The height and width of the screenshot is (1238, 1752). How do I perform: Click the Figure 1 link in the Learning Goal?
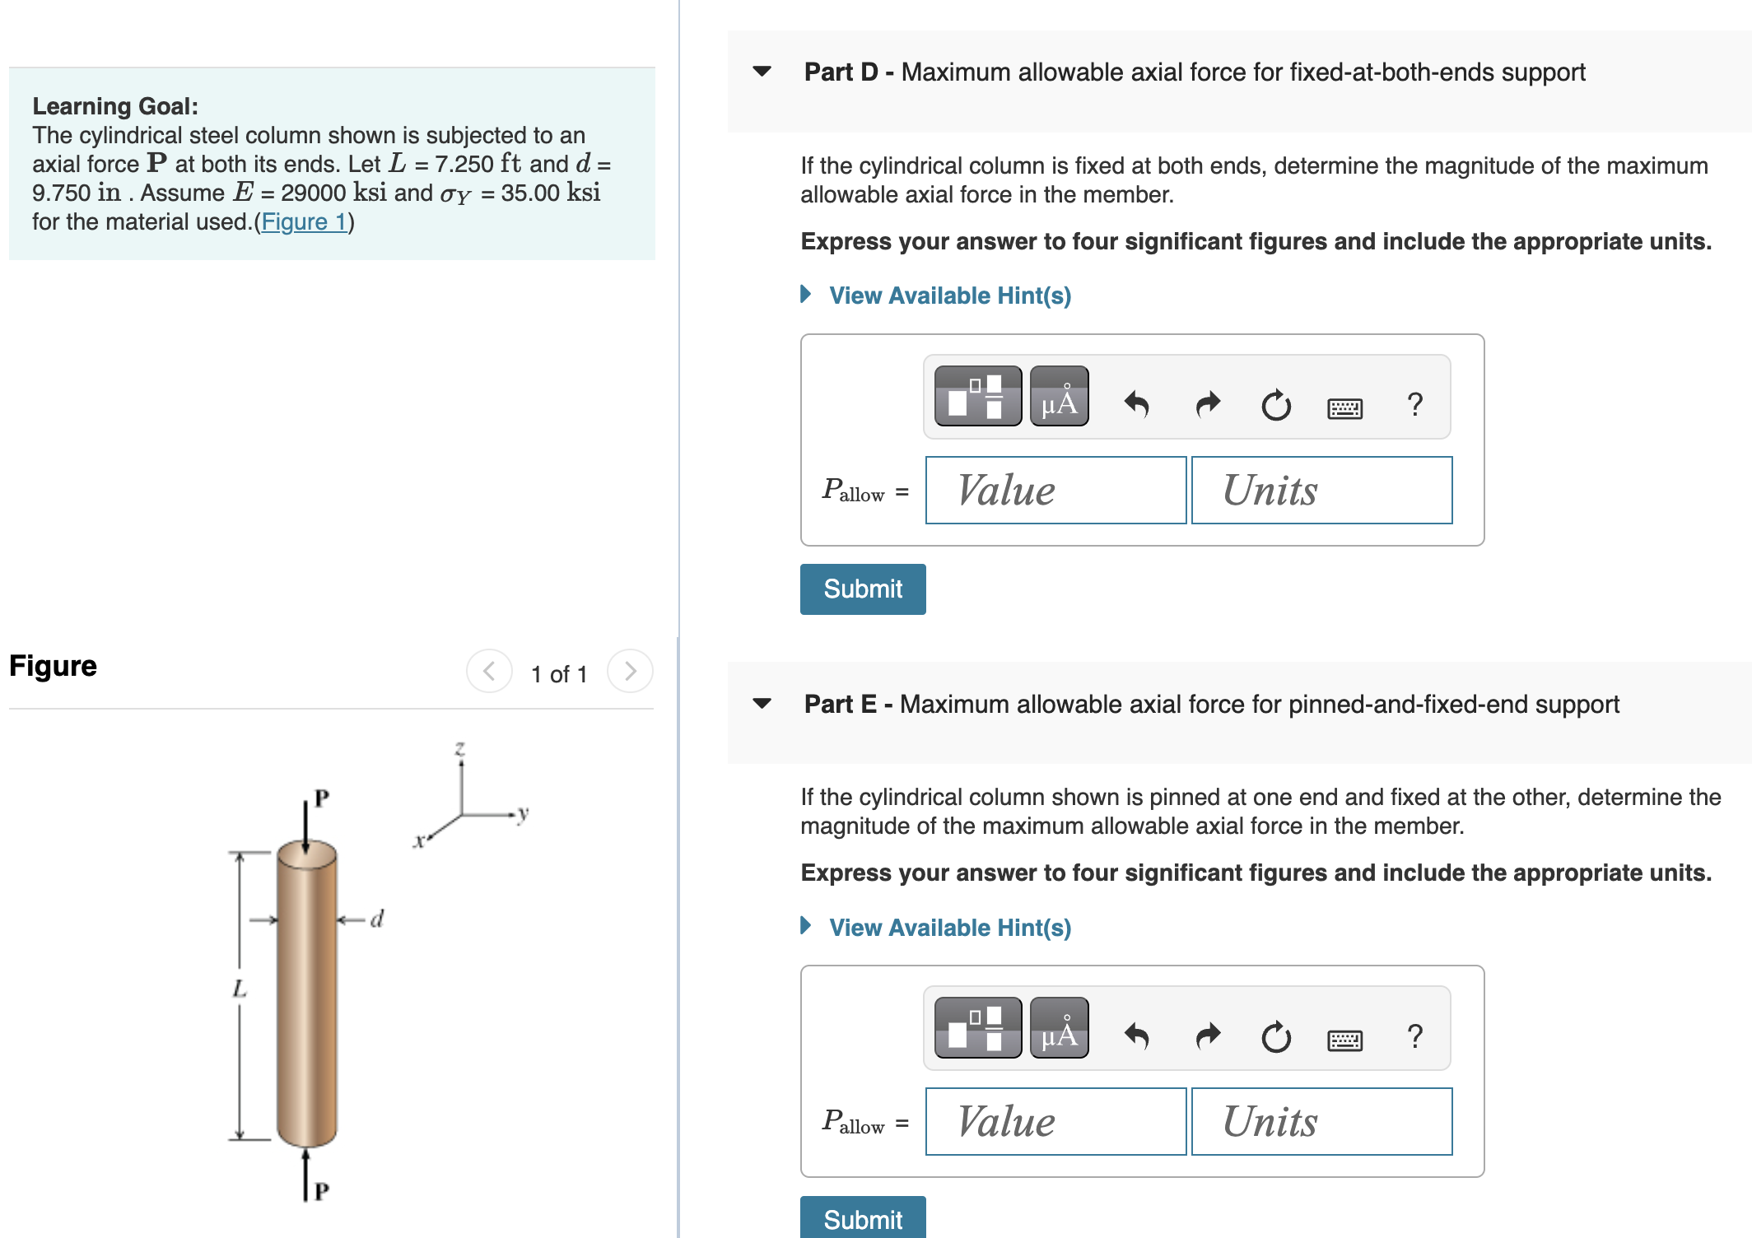(304, 222)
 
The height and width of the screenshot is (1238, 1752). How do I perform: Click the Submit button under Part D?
(862, 589)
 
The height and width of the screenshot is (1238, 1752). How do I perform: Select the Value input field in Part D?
(1055, 491)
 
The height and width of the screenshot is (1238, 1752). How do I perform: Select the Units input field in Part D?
(1321, 491)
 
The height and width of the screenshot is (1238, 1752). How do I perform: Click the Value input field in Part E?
(1055, 1122)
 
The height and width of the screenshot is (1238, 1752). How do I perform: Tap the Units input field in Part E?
(1321, 1122)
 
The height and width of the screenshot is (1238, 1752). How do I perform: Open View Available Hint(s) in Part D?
(948, 296)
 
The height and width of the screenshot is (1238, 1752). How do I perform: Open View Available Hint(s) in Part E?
(948, 928)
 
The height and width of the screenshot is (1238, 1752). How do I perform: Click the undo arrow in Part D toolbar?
(1137, 404)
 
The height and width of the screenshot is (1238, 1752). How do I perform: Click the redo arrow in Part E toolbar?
(1207, 1036)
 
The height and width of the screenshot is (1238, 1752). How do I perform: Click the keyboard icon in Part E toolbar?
(1344, 1040)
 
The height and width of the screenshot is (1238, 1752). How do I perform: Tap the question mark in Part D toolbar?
(1414, 404)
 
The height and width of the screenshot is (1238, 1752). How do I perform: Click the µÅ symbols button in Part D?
(1059, 397)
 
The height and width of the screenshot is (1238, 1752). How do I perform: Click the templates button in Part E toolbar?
(977, 1028)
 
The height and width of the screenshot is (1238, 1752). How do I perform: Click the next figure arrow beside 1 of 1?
(630, 672)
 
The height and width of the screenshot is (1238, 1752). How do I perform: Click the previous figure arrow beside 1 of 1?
(489, 672)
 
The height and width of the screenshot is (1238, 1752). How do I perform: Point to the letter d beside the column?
(377, 919)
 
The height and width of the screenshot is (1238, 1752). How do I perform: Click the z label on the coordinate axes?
(460, 748)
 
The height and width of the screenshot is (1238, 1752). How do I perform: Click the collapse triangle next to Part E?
(762, 704)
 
